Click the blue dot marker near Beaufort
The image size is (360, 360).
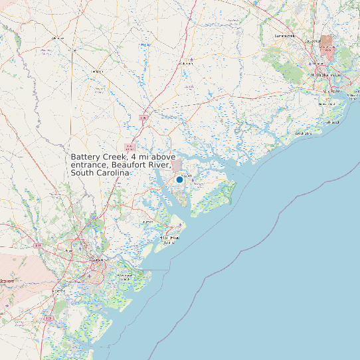(x=179, y=179)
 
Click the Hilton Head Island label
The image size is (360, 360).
(x=171, y=238)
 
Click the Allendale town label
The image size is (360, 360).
(x=58, y=38)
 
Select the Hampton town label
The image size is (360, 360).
(x=98, y=71)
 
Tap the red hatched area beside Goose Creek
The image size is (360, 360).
(x=327, y=43)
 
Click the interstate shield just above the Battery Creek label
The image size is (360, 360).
(x=130, y=147)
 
